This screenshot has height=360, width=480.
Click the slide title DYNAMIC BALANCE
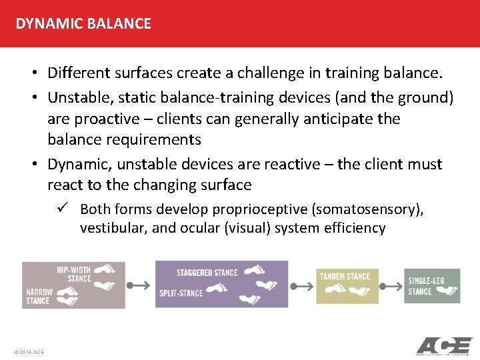[83, 24]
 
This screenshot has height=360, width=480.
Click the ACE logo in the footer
[444, 346]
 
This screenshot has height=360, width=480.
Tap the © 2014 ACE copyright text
[29, 351]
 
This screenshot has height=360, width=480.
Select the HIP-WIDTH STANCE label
[74, 274]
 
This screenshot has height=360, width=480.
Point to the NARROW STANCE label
[38, 296]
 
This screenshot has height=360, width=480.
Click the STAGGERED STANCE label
[207, 273]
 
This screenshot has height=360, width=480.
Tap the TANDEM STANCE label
[345, 276]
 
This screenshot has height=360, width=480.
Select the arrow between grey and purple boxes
[139, 285]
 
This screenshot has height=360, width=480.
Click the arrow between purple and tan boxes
[302, 285]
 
